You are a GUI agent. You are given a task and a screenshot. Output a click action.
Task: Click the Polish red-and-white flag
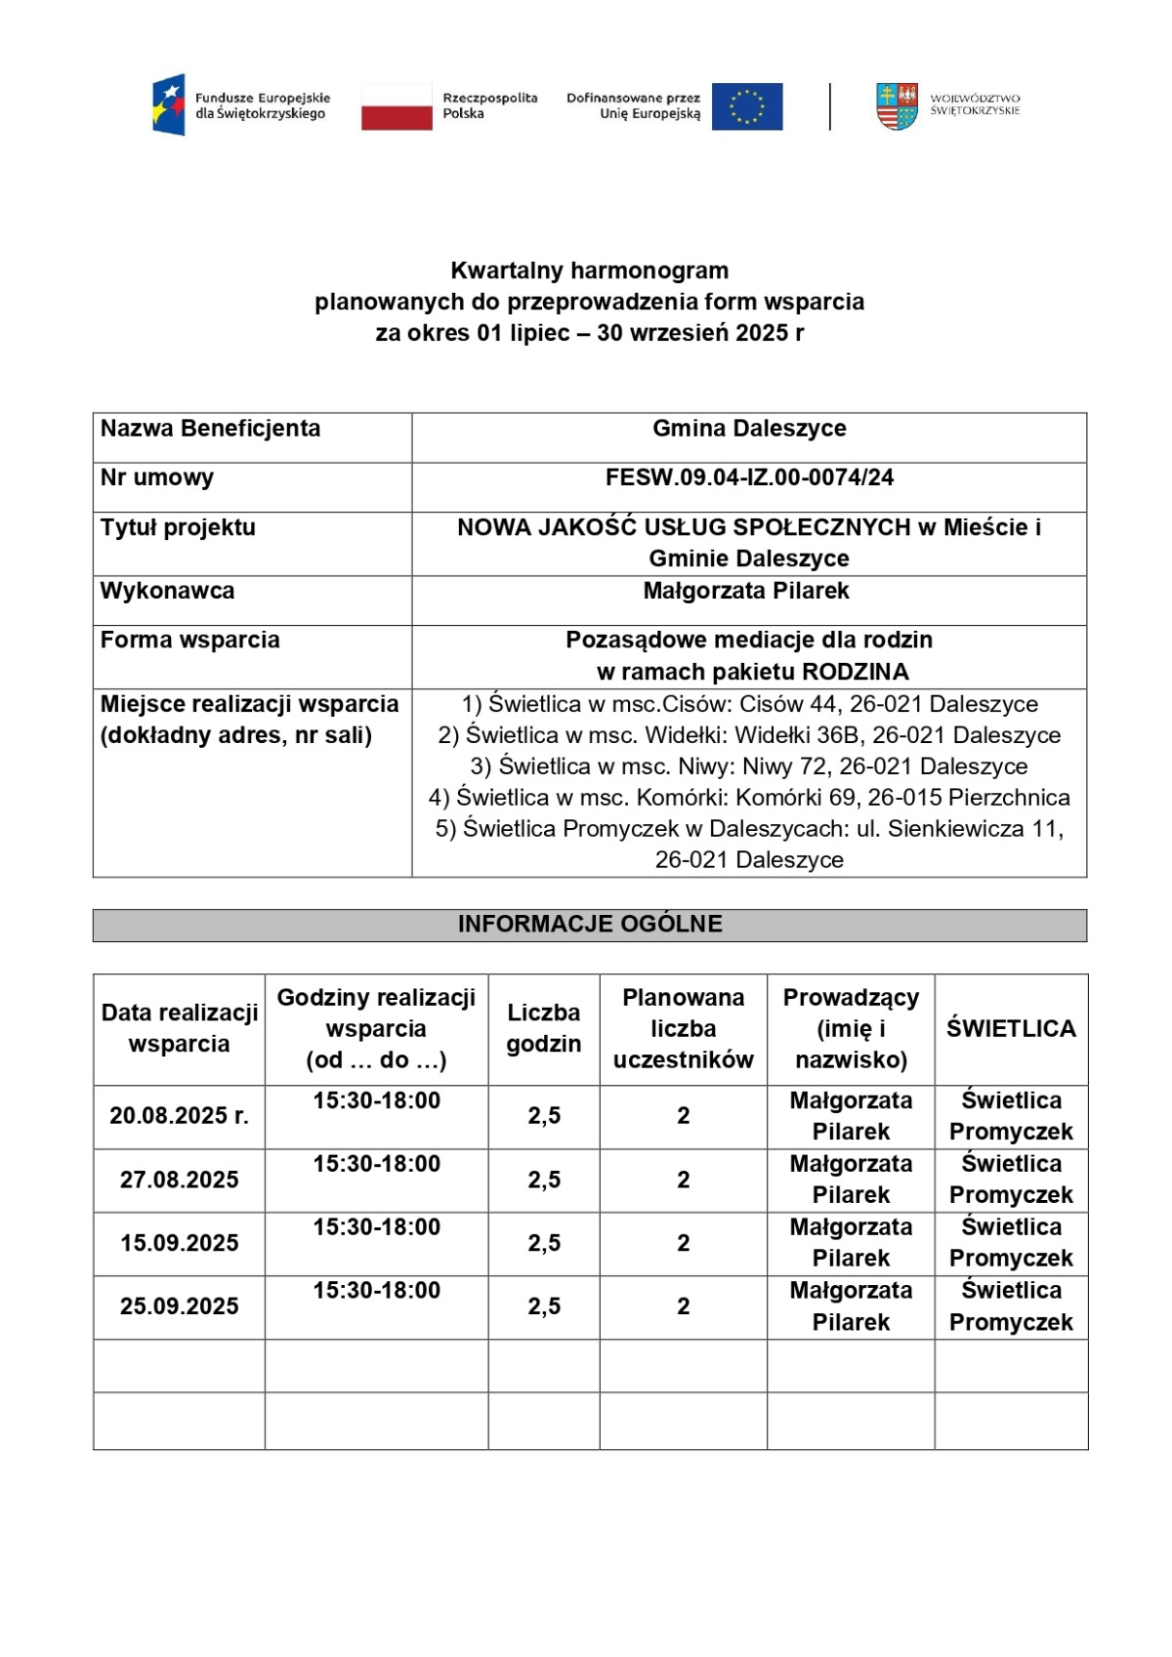397,105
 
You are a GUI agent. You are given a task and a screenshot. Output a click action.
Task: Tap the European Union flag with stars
747,105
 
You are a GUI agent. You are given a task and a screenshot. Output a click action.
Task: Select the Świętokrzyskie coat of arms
897,105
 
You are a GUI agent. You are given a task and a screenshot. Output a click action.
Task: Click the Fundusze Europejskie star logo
169,104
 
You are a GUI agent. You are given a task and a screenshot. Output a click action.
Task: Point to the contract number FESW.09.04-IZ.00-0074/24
749,477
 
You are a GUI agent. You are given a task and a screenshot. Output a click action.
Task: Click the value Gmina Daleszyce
749,429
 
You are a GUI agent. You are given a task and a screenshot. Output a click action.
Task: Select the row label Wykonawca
167,591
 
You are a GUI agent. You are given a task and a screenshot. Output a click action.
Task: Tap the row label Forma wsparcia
189,640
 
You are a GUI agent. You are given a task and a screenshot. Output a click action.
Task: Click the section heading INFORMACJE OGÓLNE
590,924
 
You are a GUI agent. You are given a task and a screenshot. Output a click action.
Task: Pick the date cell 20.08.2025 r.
179,1115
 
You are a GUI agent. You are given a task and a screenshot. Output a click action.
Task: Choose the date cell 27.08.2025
179,1180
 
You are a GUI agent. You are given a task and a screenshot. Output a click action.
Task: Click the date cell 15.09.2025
179,1243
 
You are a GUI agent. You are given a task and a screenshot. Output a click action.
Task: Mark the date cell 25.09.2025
179,1306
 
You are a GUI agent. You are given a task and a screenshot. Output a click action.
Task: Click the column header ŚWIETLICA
1011,1028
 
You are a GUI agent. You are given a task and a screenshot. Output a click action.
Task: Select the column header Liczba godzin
544,1028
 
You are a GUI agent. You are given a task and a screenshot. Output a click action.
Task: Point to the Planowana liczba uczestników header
683,1028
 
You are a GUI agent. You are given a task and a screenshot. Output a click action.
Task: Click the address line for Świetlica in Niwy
749,766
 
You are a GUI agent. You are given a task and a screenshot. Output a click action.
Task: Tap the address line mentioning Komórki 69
749,798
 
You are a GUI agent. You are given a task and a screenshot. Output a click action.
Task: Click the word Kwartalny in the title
507,270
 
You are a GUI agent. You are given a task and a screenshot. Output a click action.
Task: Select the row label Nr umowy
156,477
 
